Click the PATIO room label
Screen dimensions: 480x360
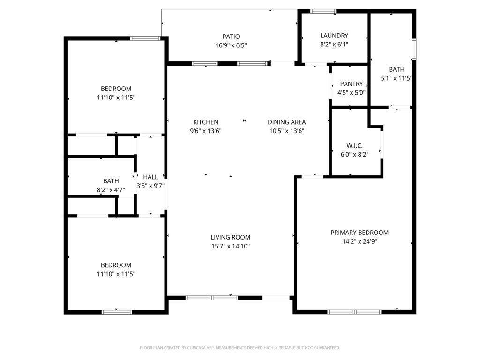click(x=231, y=37)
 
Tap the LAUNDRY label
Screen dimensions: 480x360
click(x=334, y=36)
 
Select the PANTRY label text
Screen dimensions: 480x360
click(x=352, y=84)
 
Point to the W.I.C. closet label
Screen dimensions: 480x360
click(x=354, y=146)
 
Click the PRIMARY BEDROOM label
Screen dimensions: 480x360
click(x=360, y=232)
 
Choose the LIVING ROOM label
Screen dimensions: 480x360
click(x=231, y=237)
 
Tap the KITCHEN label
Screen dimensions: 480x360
click(x=206, y=122)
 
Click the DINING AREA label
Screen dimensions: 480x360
click(x=287, y=122)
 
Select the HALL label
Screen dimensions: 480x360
click(x=150, y=177)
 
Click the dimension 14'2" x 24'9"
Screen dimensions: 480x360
click(x=360, y=241)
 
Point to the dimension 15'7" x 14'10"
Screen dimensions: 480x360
click(x=231, y=246)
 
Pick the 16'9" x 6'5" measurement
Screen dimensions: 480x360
click(x=231, y=45)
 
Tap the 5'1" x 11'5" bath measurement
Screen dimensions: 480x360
click(x=397, y=78)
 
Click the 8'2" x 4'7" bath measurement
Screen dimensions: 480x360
click(x=111, y=190)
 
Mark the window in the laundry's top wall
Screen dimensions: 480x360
click(x=323, y=11)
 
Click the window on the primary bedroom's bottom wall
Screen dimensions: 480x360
click(x=354, y=312)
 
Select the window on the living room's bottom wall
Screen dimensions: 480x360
click(x=212, y=298)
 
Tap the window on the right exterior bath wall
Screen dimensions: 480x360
click(x=414, y=49)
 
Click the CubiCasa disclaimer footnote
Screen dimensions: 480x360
click(x=240, y=348)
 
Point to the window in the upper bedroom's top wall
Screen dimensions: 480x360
click(x=145, y=38)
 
